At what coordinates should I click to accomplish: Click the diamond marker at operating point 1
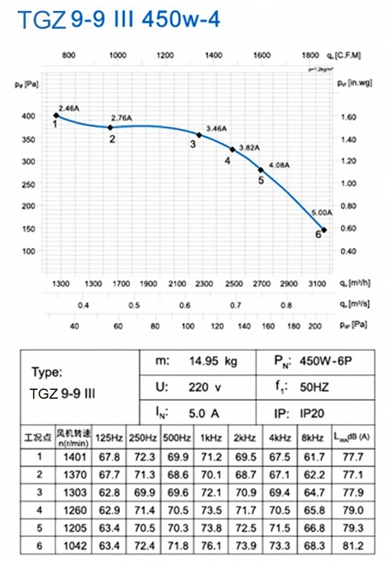(x=56, y=115)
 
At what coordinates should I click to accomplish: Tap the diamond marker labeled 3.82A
(x=232, y=149)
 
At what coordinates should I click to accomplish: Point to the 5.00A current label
(x=321, y=213)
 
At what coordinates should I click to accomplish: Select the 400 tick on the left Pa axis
(x=28, y=116)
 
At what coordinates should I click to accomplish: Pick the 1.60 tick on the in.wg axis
(x=348, y=117)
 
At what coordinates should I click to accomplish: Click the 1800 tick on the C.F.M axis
(x=310, y=54)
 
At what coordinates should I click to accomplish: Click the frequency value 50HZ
(x=314, y=387)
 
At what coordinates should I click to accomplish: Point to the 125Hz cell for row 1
(x=109, y=456)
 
